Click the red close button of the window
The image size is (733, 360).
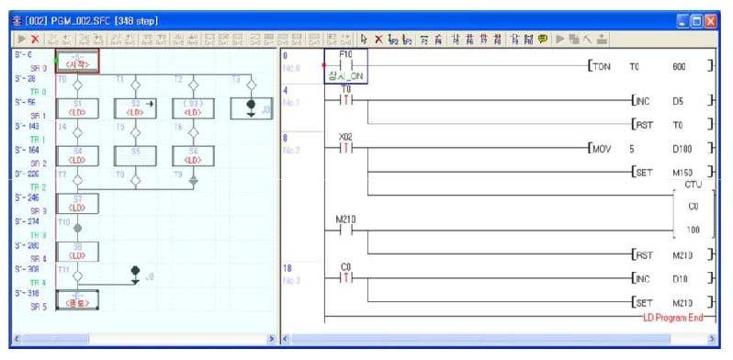coord(711,18)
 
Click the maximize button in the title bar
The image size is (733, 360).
coord(696,18)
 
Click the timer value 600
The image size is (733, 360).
coord(679,67)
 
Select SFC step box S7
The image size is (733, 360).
coord(78,202)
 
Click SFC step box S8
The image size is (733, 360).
coord(78,251)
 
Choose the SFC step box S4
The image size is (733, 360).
coord(78,153)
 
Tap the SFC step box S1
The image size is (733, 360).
coord(78,107)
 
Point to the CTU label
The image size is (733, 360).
coord(692,185)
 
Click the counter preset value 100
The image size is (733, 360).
coord(693,229)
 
